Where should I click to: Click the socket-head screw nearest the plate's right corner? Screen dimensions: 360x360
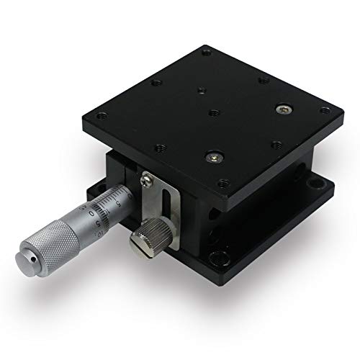284,109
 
